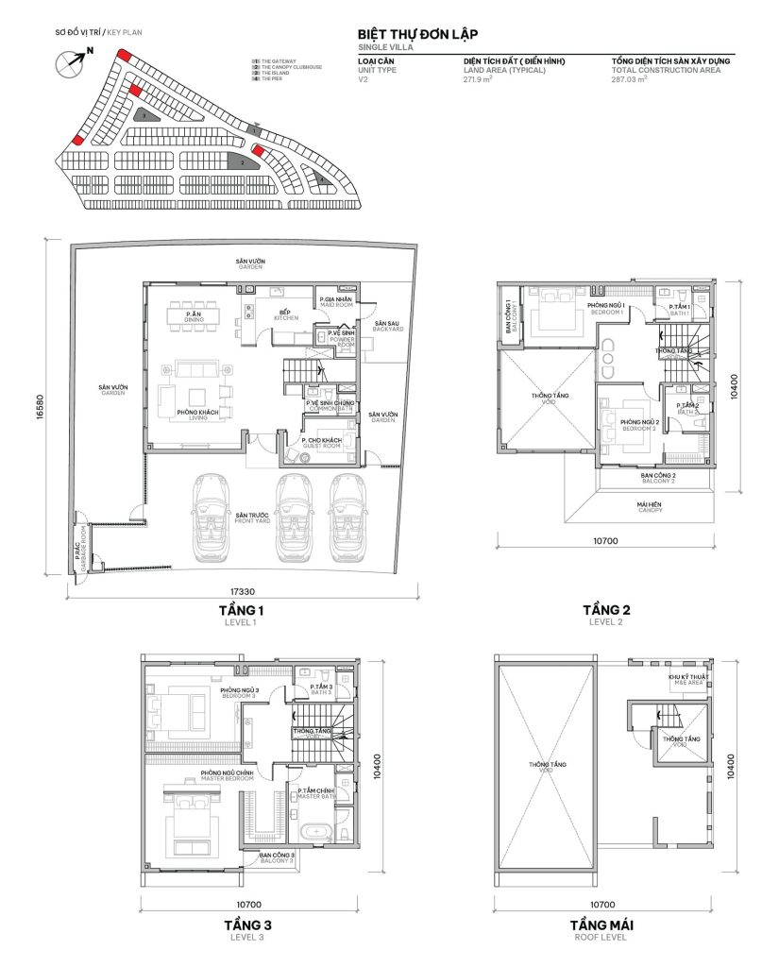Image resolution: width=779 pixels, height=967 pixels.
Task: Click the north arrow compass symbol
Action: (x=69, y=62)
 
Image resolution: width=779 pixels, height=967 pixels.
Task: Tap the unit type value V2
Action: (x=364, y=80)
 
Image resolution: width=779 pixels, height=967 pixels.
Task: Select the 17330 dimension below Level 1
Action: (x=243, y=592)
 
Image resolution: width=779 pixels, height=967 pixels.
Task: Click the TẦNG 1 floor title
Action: (x=241, y=611)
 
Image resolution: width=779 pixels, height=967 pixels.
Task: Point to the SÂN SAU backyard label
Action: (x=387, y=324)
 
